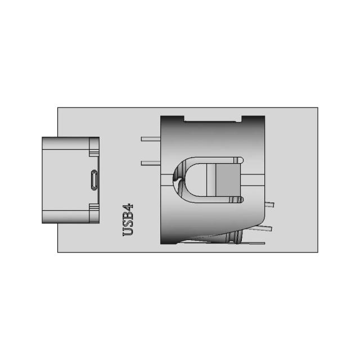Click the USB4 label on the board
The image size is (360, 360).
coord(128,219)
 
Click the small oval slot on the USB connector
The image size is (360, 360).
coord(94,180)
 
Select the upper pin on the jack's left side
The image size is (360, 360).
coord(150,138)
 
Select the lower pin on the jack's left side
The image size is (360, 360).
coord(150,163)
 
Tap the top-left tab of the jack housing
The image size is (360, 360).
coord(172,119)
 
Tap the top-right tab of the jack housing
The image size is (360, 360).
coord(253,119)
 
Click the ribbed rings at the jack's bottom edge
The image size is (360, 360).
coord(236,238)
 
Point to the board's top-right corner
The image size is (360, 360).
coord(317,108)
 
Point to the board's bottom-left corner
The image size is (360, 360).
coord(58,252)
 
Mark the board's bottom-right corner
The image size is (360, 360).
coord(317,252)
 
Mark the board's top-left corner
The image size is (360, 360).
coord(58,108)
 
